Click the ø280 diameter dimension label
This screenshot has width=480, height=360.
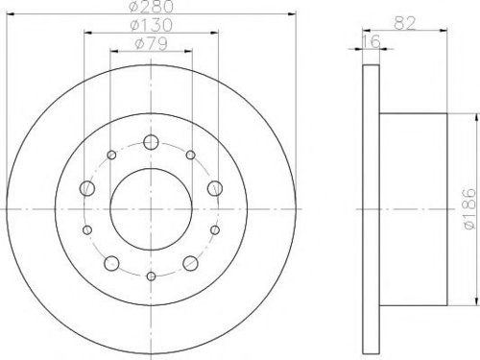pyautogui.click(x=151, y=7)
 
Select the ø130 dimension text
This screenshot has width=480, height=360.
pyautogui.click(x=151, y=25)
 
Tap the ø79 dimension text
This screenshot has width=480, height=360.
pyautogui.click(x=151, y=44)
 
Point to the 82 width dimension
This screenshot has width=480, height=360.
pyautogui.click(x=404, y=23)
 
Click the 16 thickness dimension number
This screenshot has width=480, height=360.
pyautogui.click(x=372, y=41)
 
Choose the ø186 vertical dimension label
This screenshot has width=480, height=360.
pyautogui.click(x=469, y=208)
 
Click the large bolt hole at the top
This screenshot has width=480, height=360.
pyautogui.click(x=151, y=142)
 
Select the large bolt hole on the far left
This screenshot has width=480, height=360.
pyautogui.click(x=86, y=188)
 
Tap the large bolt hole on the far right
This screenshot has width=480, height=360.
pyautogui.click(x=215, y=188)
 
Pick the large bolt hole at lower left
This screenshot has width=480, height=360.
pyautogui.click(x=111, y=263)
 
